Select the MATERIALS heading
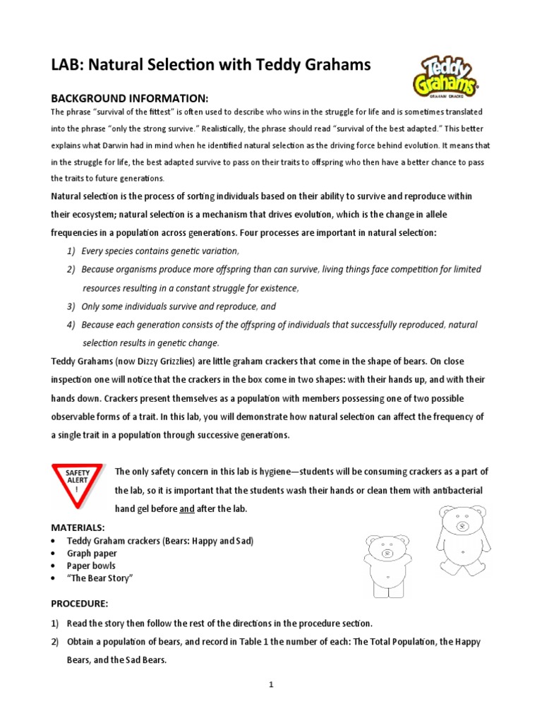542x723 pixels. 78,527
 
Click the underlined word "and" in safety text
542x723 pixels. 186,509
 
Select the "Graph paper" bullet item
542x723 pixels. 92,554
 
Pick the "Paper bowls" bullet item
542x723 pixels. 91,566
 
